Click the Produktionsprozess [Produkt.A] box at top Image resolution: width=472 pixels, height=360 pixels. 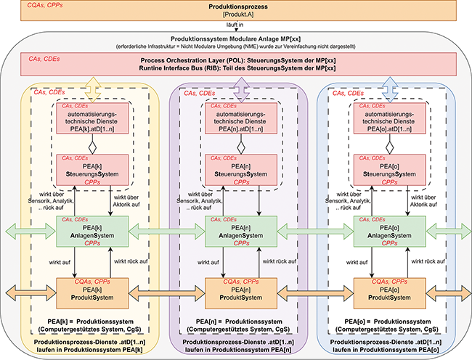tap(236, 11)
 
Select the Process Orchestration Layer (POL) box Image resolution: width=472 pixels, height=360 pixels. tap(236, 64)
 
